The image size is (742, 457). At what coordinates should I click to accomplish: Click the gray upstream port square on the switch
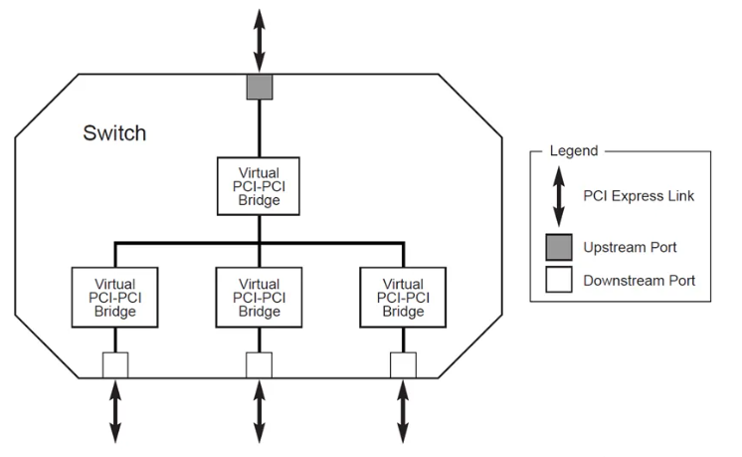pyautogui.click(x=259, y=87)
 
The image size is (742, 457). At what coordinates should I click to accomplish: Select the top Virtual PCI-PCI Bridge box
pyautogui.click(x=259, y=185)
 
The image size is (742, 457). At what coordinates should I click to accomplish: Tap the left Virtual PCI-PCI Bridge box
pyautogui.click(x=114, y=298)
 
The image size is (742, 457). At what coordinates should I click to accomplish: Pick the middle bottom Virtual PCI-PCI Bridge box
pyautogui.click(x=259, y=298)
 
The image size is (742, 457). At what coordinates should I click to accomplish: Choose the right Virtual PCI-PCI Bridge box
pyautogui.click(x=403, y=298)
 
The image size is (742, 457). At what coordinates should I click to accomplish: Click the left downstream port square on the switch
pyautogui.click(x=114, y=365)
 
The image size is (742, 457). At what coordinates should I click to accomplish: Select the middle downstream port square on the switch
pyautogui.click(x=259, y=365)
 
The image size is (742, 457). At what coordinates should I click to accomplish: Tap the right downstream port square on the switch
pyautogui.click(x=403, y=365)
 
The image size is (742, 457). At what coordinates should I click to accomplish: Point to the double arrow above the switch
pyautogui.click(x=259, y=38)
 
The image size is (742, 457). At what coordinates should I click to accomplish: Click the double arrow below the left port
pyautogui.click(x=114, y=411)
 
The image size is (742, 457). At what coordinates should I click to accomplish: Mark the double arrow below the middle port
pyautogui.click(x=259, y=411)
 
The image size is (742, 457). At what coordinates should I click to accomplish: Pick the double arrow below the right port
pyautogui.click(x=403, y=411)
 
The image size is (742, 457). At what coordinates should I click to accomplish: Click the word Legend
pyautogui.click(x=573, y=151)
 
